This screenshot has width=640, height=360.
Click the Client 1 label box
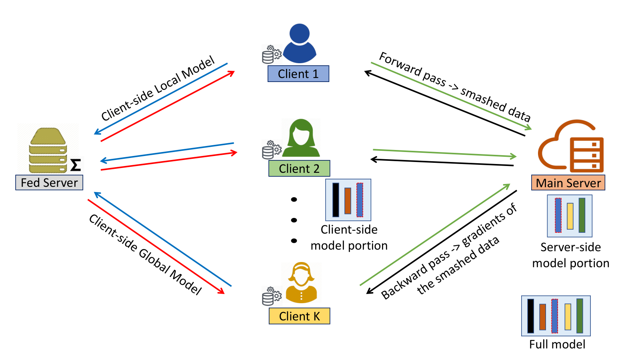[298, 74]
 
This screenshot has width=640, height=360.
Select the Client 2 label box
[299, 168]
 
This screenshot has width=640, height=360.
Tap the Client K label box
[300, 316]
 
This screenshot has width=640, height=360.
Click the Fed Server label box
[49, 182]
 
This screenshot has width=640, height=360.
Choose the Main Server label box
[568, 183]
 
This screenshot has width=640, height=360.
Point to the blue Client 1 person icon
[300, 44]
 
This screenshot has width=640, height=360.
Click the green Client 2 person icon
[301, 138]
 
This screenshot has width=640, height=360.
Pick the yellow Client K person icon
[301, 282]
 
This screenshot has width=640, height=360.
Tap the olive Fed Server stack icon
[48, 150]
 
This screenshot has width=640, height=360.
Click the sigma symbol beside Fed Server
[76, 165]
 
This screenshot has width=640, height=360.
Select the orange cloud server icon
[571, 146]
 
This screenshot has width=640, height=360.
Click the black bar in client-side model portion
[336, 200]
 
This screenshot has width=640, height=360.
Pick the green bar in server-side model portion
[582, 215]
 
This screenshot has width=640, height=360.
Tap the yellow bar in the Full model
[568, 316]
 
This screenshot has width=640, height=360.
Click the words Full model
[557, 344]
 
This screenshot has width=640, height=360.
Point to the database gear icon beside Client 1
[272, 54]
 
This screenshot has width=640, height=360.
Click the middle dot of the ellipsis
[294, 220]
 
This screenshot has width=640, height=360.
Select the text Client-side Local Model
[158, 88]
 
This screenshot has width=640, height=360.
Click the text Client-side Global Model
[146, 254]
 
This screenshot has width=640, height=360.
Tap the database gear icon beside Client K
[272, 296]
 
